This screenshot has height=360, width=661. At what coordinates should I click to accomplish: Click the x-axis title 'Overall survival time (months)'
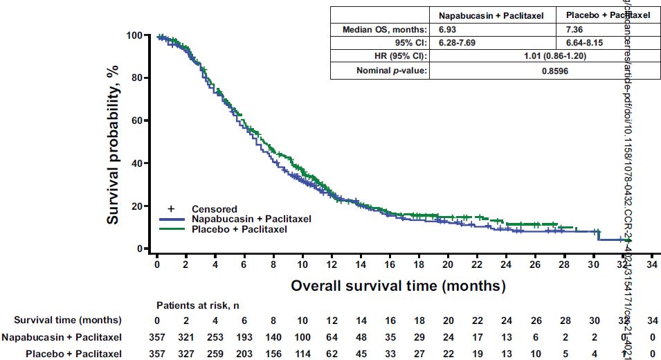tap(398, 285)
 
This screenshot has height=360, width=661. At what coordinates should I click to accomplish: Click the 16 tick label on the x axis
tap(390, 264)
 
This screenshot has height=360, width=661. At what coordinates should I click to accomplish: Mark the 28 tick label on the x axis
tap(565, 264)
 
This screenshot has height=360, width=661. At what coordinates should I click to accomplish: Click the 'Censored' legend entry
tap(214, 209)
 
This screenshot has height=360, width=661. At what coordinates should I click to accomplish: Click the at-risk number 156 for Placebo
tap(273, 354)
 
